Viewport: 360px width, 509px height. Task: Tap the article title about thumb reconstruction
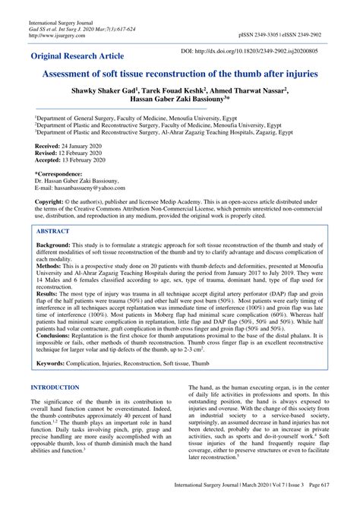pos(180,77)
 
